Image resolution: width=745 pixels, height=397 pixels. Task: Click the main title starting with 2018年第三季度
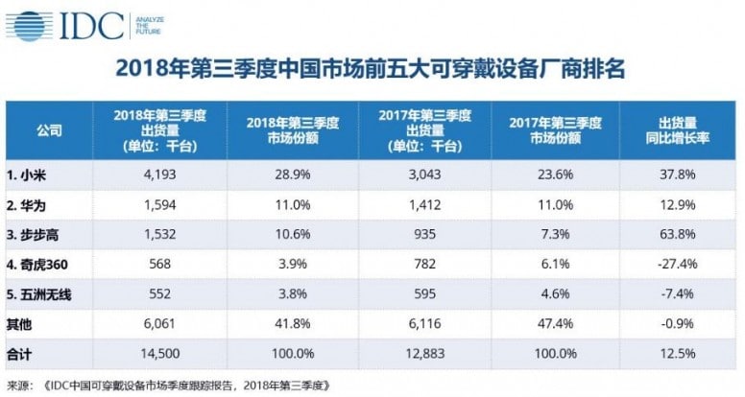pos(372,70)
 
